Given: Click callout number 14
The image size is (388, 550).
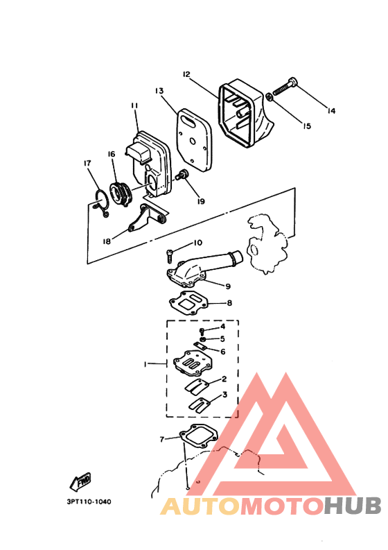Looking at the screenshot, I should tap(330, 110).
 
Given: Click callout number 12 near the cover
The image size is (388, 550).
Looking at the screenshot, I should tap(186, 74).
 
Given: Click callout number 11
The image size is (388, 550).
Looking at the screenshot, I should tap(134, 105).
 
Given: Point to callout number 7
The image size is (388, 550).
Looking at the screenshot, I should tap(161, 439).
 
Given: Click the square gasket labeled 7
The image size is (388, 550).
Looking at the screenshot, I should tap(198, 436).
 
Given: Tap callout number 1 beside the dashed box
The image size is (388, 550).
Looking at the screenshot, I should tap(146, 363).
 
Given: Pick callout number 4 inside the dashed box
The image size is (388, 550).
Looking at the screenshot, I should tap(222, 326).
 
